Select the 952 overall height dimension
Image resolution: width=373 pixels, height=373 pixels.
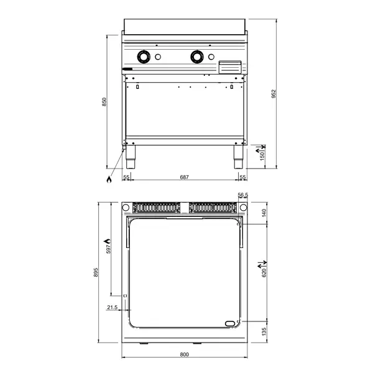(274, 93)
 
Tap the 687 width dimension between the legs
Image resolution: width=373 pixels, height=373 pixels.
(185, 178)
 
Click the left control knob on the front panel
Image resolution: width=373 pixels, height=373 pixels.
(144, 57)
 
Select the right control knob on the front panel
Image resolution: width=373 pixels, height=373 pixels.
(198, 57)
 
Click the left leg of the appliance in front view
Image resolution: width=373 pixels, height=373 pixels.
(131, 158)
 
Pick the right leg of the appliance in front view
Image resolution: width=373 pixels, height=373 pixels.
(238, 158)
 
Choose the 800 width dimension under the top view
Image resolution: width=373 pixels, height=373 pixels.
(185, 355)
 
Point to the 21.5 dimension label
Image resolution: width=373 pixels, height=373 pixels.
(113, 307)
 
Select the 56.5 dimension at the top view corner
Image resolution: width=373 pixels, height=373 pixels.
(242, 195)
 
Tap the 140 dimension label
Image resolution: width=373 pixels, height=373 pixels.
(263, 213)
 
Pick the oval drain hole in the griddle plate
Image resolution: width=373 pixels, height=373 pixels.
(231, 322)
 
